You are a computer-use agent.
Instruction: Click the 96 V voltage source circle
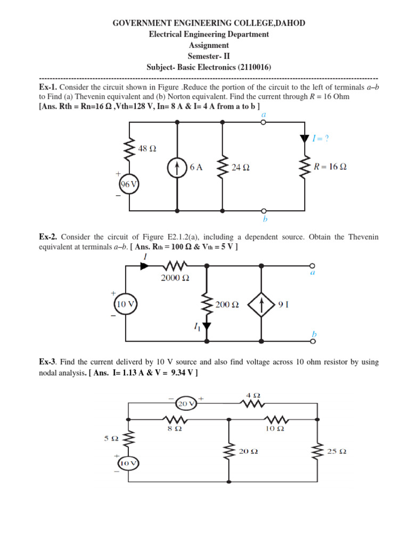128,184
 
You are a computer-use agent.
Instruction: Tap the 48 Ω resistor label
147,149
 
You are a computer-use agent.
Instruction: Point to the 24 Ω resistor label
241,167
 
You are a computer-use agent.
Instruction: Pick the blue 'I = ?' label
320,138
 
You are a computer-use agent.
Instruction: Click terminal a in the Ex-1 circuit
263,122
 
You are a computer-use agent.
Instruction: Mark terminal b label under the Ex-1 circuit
265,219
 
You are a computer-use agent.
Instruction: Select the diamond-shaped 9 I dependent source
261,305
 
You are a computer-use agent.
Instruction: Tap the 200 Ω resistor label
227,305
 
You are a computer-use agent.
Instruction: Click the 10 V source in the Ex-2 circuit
126,304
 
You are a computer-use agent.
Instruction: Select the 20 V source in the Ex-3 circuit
186,404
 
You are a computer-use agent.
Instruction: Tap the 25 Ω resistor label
336,451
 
